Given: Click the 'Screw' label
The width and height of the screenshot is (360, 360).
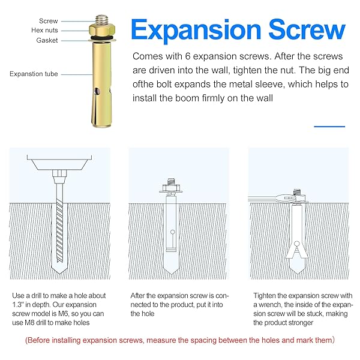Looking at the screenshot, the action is point(48,21).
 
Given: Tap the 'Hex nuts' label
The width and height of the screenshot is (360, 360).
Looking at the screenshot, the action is point(44,31).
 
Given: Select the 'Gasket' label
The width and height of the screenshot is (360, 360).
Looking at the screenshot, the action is point(47,40).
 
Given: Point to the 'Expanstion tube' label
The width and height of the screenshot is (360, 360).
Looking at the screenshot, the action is point(34,74).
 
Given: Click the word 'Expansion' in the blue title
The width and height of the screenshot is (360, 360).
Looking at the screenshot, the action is point(196,31).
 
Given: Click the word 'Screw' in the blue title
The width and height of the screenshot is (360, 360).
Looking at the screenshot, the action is point(307,30).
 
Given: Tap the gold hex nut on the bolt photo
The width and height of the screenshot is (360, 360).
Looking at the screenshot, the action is point(102,31).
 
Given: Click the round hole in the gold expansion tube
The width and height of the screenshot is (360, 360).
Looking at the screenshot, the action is point(98,91).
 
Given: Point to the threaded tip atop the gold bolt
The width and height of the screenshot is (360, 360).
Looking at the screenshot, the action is point(102,19).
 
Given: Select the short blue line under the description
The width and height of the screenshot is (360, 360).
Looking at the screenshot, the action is point(329,127).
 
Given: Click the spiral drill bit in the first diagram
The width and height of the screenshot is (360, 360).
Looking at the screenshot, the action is point(59,230).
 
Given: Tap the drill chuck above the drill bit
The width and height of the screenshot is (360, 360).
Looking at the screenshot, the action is point(59,176).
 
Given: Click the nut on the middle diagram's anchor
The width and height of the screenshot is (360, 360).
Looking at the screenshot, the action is point(170,188).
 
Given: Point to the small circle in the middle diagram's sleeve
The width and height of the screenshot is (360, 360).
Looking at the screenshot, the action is point(173,232).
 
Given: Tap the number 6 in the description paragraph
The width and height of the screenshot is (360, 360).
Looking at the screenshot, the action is point(188,56).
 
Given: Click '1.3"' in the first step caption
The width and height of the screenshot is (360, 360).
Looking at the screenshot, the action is point(17,305).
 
